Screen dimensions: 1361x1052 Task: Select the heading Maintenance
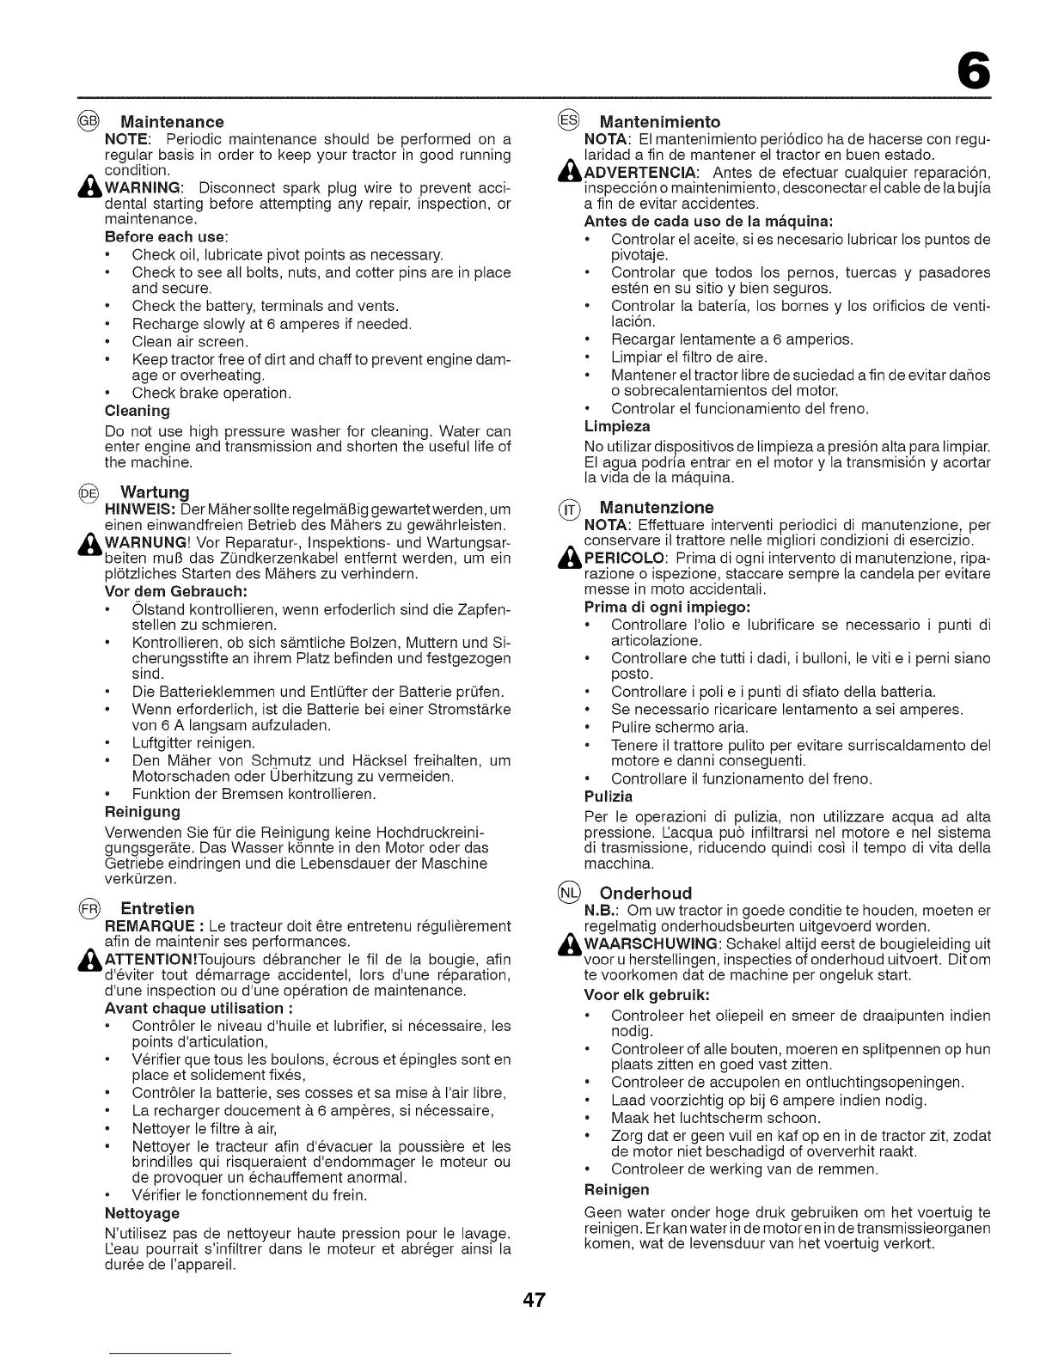172,121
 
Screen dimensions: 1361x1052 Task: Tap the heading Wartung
155,492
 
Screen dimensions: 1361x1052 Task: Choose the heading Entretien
157,908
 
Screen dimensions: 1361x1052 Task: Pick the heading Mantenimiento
659,121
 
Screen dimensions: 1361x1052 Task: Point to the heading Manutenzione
657,507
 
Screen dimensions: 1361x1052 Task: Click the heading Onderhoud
645,892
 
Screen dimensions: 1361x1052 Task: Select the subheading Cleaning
137,411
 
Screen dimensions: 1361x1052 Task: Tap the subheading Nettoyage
142,1212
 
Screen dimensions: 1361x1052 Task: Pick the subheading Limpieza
617,426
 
